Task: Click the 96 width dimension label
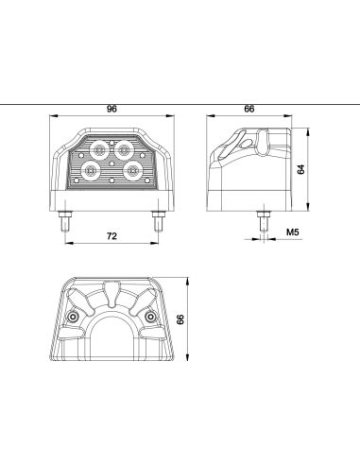pos(111,109)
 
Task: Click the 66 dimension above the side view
pos(249,109)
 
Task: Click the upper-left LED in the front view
pos(99,149)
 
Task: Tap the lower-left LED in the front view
pos(92,171)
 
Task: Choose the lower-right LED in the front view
pos(132,171)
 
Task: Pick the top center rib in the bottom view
pos(112,292)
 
